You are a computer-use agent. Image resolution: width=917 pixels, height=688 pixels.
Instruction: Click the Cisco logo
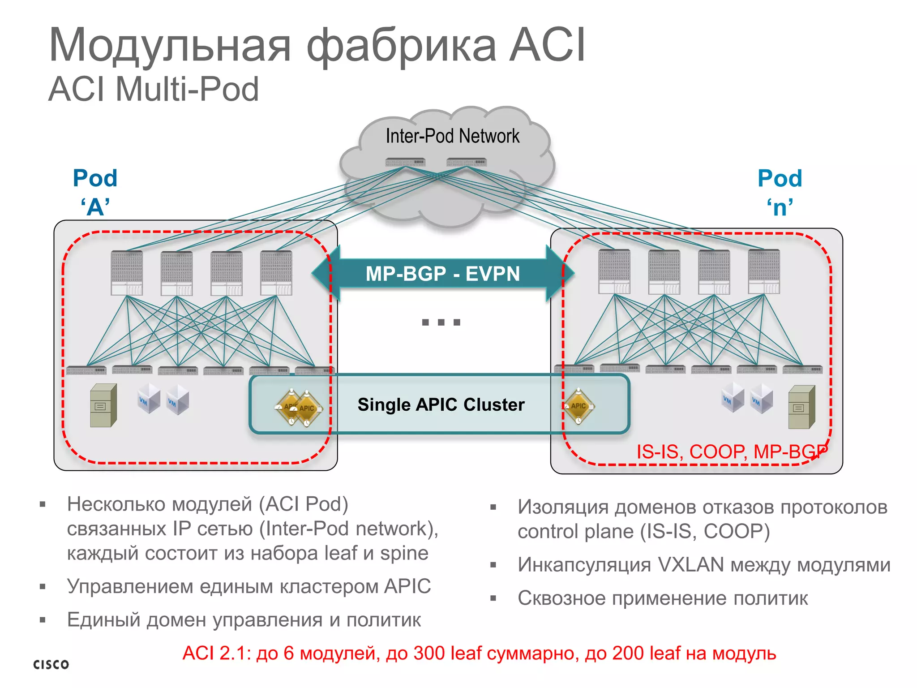point(51,664)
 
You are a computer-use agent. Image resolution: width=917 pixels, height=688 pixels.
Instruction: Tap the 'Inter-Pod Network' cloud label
point(453,136)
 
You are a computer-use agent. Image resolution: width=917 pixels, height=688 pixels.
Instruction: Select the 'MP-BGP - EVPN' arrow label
point(442,274)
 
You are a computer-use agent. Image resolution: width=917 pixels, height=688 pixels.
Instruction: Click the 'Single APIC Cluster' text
point(441,404)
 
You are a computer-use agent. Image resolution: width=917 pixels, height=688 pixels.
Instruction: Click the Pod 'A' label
point(95,192)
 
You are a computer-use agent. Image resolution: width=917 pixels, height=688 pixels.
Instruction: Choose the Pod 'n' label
point(780,192)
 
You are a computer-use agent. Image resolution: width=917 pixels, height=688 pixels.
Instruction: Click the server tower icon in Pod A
point(103,405)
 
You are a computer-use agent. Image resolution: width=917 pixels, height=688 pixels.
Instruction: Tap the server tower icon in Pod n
point(801,407)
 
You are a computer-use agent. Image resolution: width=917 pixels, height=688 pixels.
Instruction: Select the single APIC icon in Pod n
point(578,406)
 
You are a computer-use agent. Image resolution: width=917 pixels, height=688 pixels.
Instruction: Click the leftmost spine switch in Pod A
point(127,273)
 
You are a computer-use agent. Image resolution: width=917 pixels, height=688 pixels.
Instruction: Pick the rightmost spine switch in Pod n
point(764,272)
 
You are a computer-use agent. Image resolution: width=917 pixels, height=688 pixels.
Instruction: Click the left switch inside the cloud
point(405,162)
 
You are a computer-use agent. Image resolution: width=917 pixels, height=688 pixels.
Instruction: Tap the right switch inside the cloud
point(466,162)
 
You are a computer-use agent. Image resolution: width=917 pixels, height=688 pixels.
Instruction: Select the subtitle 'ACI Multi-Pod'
point(154,89)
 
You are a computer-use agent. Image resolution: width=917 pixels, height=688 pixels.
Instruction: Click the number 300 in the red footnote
point(429,654)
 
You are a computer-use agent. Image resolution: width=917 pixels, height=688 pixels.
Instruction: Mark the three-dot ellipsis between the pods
point(441,322)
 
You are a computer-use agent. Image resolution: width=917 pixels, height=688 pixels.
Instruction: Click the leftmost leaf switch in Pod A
point(86,370)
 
